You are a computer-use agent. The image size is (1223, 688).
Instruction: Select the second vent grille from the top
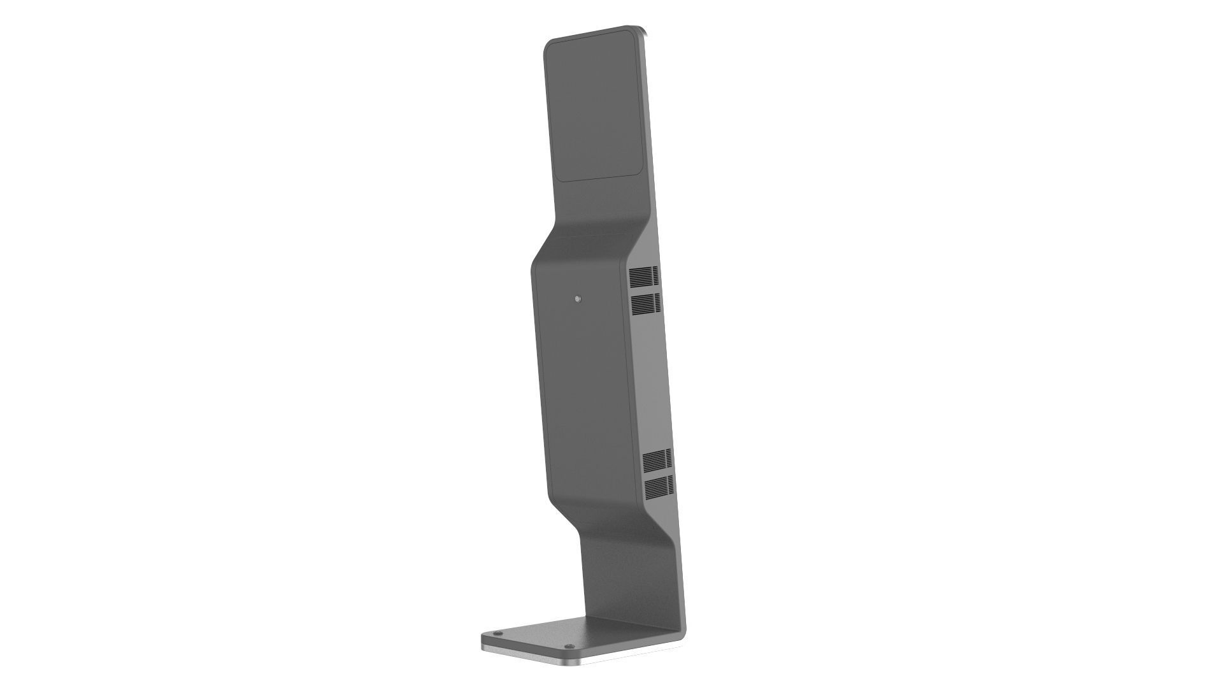click(645, 304)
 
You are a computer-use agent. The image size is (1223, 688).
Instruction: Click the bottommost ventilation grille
click(659, 487)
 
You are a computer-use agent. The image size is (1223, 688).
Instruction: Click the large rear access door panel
click(583, 382)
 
